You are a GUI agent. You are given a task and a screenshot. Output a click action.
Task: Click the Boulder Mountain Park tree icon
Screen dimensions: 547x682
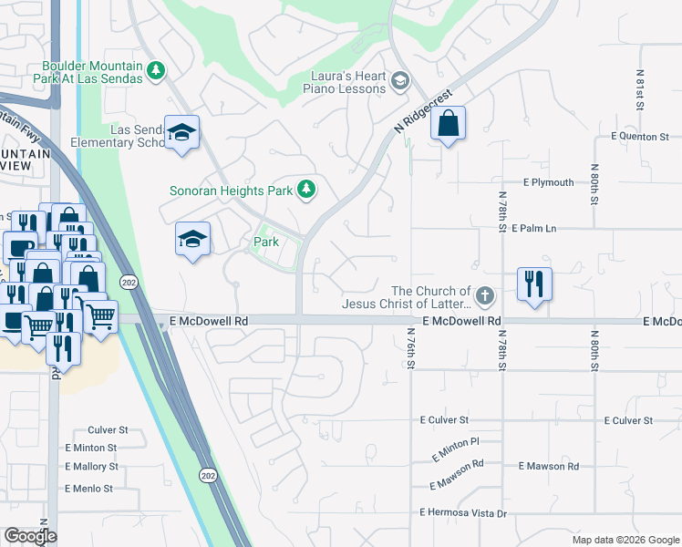(157, 70)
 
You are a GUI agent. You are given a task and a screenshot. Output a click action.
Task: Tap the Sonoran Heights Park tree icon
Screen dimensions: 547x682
(307, 190)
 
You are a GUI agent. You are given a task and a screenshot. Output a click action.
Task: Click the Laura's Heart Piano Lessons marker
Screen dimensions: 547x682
(399, 83)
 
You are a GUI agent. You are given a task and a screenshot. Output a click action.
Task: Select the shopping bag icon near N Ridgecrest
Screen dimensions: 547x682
(448, 124)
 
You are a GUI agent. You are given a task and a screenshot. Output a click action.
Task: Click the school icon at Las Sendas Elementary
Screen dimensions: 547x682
(181, 134)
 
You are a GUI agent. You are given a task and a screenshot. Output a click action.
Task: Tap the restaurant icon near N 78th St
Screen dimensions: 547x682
(534, 284)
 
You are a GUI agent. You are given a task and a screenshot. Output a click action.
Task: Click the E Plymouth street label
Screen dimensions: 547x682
(548, 182)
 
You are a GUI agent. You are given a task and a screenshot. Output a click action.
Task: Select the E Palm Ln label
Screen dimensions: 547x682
(534, 228)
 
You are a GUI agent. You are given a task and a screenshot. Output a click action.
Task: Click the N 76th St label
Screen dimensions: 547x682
(412, 349)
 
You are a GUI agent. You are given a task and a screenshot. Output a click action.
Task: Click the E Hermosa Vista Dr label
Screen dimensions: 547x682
(463, 513)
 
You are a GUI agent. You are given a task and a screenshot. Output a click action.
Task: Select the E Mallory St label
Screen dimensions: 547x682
(91, 466)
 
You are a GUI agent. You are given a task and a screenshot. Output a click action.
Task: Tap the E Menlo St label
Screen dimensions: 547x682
(88, 489)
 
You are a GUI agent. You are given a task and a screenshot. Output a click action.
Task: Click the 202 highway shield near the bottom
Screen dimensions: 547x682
(207, 475)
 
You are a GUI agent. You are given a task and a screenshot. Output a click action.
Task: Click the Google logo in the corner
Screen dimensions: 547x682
(30, 535)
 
